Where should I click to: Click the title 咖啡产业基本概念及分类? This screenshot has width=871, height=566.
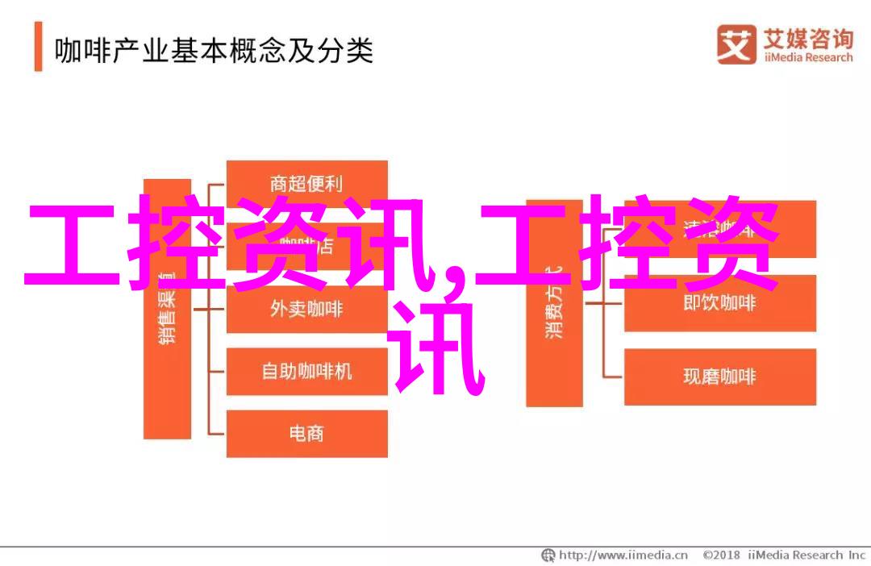click(214, 52)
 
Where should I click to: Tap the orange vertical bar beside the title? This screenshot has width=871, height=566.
click(38, 48)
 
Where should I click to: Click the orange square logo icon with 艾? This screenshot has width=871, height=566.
click(735, 45)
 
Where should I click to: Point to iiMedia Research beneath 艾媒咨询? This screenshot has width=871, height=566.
click(804, 58)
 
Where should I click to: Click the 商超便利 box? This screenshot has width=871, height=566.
click(306, 183)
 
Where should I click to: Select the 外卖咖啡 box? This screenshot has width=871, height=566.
click(306, 310)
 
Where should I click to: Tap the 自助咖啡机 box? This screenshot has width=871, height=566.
click(306, 371)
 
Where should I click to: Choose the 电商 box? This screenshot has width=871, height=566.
click(306, 434)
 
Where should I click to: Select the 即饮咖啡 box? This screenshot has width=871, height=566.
click(719, 303)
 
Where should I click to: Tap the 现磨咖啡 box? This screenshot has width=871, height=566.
click(719, 377)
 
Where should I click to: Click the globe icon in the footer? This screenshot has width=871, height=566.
click(548, 555)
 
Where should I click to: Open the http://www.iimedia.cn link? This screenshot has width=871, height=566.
click(623, 555)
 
